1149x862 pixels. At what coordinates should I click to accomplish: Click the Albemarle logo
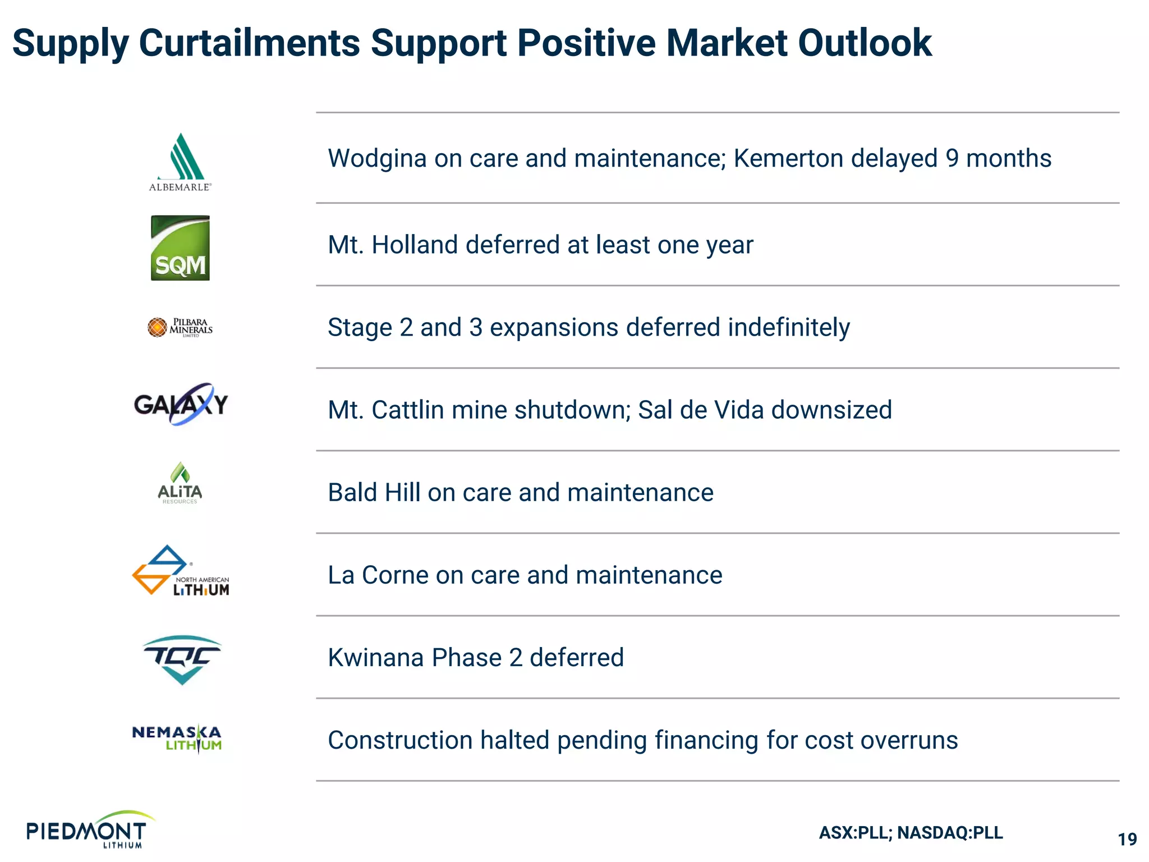[180, 162]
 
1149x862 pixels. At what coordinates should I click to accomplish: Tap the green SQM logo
[180, 248]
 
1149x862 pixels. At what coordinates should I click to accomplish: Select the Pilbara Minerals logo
[180, 327]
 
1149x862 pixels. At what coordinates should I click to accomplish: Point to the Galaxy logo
[181, 404]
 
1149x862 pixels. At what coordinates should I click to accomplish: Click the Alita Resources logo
[180, 483]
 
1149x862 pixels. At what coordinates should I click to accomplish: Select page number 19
[1127, 840]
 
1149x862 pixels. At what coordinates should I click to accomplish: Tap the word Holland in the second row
[415, 245]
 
